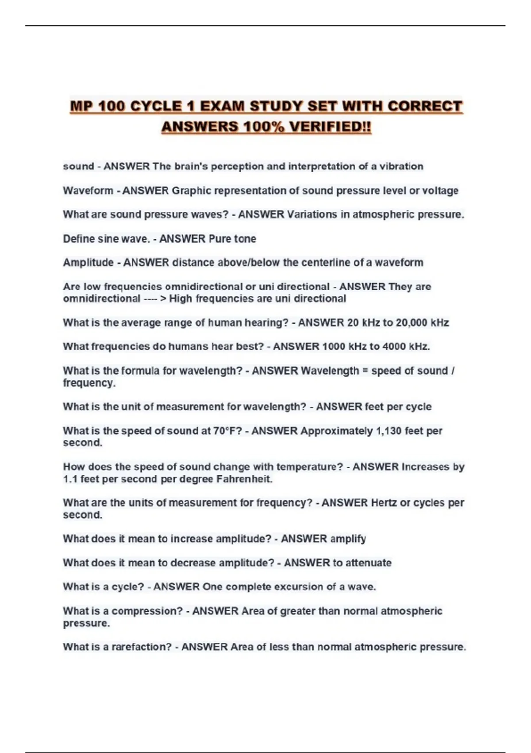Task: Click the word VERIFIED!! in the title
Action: click(329, 127)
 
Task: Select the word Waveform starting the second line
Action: click(88, 190)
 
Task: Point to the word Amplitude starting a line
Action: click(88, 263)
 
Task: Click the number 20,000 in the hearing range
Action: click(412, 322)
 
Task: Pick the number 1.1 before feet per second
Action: click(70, 479)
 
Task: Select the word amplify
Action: click(348, 539)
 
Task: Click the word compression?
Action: click(147, 611)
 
